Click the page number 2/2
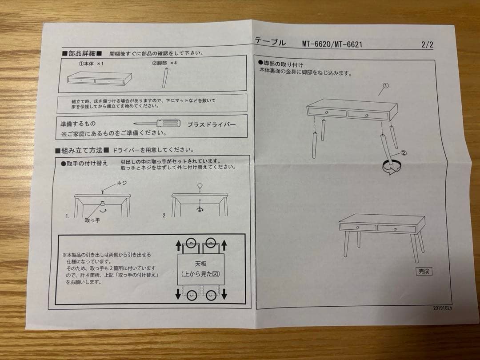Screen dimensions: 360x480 427,44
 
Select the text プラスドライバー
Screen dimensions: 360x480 211,124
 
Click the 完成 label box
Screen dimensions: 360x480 424,271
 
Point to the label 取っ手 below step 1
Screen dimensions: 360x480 92,220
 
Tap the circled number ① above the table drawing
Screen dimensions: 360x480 385,86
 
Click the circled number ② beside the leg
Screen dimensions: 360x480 404,152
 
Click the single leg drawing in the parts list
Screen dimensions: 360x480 166,77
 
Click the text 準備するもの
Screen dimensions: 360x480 78,124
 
